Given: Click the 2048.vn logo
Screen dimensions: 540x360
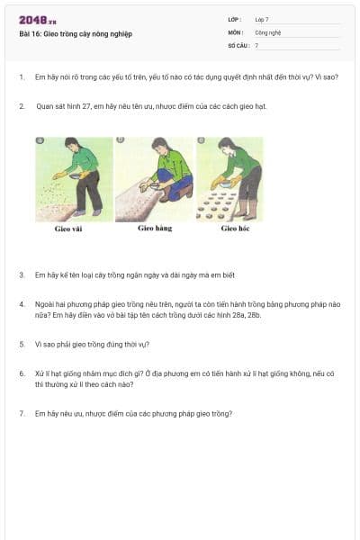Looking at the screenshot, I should (37, 21).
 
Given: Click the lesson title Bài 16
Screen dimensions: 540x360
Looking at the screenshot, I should (75, 34).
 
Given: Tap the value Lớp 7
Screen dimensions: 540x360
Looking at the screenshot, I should (262, 18).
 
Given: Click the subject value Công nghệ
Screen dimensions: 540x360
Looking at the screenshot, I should (268, 31).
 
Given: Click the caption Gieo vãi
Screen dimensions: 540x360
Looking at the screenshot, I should (69, 229).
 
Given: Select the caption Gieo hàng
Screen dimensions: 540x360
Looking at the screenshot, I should (154, 229).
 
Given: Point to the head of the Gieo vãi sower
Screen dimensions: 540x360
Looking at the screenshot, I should (70, 144).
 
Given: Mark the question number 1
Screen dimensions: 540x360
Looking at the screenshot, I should (21, 77).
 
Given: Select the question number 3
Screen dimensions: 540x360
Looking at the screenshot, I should (21, 274).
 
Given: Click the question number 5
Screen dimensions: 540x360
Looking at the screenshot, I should (21, 344).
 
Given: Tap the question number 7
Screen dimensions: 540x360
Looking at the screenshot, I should (21, 413).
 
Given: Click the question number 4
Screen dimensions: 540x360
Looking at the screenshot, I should (21, 304).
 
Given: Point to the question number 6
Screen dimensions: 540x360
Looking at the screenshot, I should (21, 373).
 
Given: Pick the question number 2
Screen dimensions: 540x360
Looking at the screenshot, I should (21, 106).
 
